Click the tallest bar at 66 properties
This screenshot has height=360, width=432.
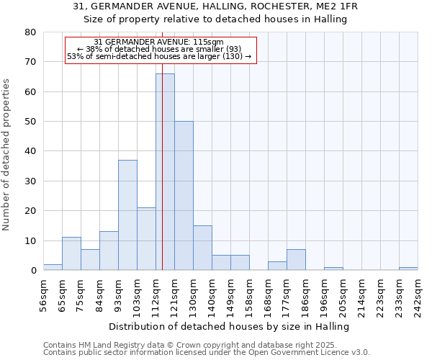coord(165,172)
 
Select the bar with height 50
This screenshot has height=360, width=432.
coord(184,196)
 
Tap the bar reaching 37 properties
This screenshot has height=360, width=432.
coord(127,215)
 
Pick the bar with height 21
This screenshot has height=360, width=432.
coord(146,239)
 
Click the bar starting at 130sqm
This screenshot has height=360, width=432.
coord(202,248)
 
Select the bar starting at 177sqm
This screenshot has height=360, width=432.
coord(296,260)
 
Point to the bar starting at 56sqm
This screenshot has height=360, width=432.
coord(53,267)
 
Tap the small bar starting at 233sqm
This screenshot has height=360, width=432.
coord(408,269)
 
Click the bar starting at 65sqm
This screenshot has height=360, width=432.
coord(71,254)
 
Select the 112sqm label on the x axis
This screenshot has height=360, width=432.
coord(156,295)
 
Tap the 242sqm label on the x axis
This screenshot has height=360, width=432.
coord(418,295)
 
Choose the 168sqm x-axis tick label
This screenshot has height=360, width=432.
coord(268,295)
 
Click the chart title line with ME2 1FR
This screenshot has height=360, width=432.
coord(216,6)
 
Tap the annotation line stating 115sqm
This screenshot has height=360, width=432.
coord(159,42)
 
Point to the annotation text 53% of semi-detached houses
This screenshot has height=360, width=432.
coord(159,56)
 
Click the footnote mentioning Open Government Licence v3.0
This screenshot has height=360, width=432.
coord(207,353)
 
